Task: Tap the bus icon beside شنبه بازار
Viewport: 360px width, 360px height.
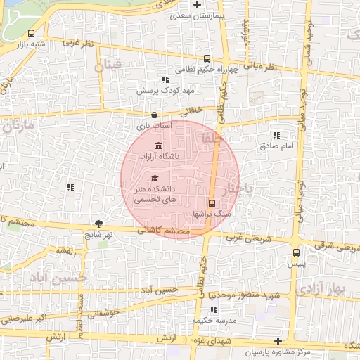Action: [32, 33]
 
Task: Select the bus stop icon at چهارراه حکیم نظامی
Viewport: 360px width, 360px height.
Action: [206, 59]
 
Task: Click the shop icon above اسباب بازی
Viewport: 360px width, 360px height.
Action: [155, 115]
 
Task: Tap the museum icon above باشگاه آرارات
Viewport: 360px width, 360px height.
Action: [157, 146]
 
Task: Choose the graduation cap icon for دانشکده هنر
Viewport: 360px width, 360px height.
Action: [154, 179]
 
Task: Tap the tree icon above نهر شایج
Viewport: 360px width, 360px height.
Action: [98, 224]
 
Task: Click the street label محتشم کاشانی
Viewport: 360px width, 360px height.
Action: [163, 231]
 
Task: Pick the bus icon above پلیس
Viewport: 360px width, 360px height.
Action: [296, 251]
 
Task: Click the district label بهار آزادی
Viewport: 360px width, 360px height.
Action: [328, 289]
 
